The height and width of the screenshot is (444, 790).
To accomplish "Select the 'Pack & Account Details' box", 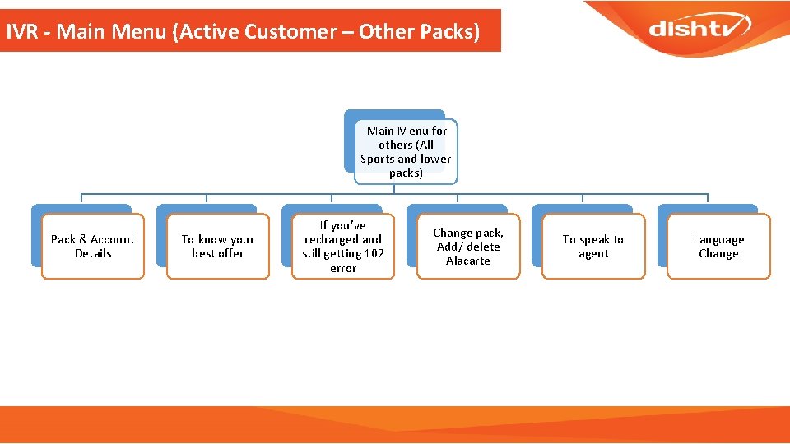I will (93, 247).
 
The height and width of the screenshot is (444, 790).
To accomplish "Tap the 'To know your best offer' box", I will (218, 247).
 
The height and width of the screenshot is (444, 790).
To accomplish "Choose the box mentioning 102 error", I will (343, 247).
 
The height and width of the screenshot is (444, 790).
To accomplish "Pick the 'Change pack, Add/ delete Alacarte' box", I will (468, 247).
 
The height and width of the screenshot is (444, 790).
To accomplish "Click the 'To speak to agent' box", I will (593, 247).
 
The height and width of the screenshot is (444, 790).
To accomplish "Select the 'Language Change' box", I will (718, 247).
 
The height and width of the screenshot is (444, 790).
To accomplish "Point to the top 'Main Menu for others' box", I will (406, 151).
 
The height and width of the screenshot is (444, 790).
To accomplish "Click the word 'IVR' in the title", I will (21, 33).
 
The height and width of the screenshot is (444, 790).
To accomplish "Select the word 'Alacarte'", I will (468, 261).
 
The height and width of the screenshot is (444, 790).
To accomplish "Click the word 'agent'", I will (593, 253).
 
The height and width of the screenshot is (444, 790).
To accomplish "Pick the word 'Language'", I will (718, 239).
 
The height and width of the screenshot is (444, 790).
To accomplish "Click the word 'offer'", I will (230, 253).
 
